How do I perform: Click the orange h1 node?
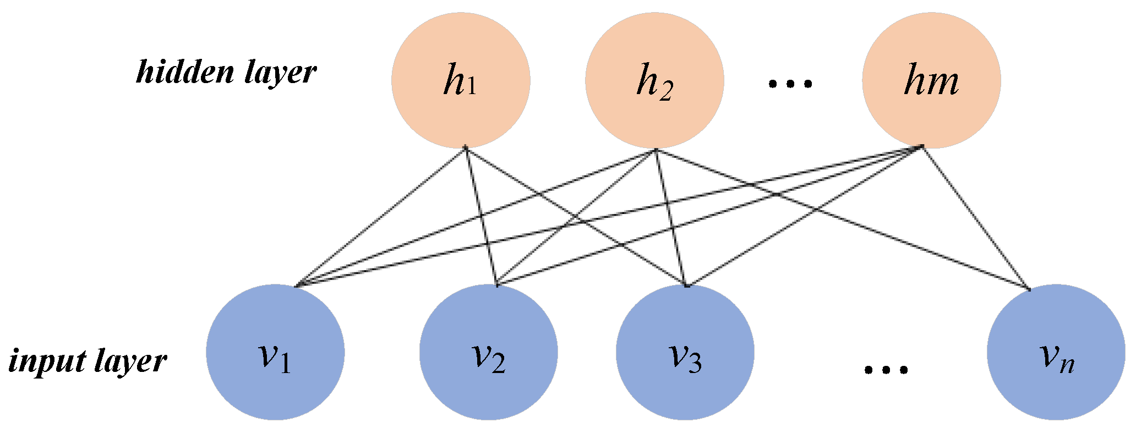tap(461, 80)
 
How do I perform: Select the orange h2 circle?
tap(654, 80)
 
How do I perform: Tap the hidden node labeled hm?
tap(931, 80)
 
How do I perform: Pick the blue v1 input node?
tap(275, 352)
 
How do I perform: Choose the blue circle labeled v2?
tap(488, 352)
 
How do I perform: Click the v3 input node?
tap(685, 352)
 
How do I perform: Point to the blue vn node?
tap(1056, 352)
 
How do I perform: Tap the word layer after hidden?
tap(280, 74)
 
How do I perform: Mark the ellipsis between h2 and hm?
tap(790, 84)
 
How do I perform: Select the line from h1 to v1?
tap(380, 217)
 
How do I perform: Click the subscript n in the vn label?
tap(1067, 365)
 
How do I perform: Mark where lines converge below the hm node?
tap(922, 147)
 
